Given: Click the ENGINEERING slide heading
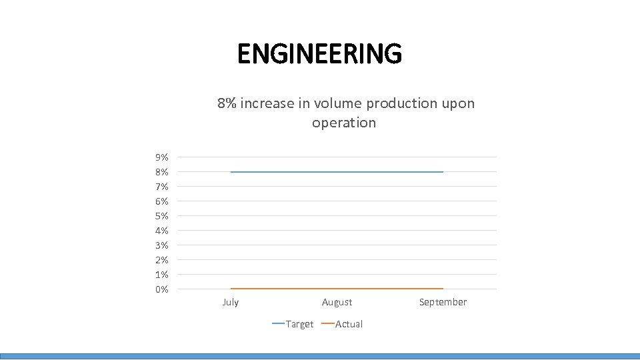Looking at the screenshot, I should pyautogui.click(x=319, y=53).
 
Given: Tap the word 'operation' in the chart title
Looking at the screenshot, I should pyautogui.click(x=344, y=123).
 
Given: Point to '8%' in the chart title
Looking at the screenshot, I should pyautogui.click(x=227, y=103).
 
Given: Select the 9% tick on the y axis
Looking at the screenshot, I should pyautogui.click(x=161, y=157).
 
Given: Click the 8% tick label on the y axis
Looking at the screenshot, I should pyautogui.click(x=161, y=172).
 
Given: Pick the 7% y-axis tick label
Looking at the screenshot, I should pyautogui.click(x=161, y=187).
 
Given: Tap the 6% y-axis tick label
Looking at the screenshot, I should pyautogui.click(x=161, y=201).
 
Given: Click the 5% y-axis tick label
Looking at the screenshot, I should pyautogui.click(x=161, y=216).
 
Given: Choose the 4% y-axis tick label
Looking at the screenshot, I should pyautogui.click(x=161, y=231).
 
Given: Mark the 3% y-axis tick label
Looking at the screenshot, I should pyautogui.click(x=161, y=245).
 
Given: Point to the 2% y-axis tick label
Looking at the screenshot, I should pyautogui.click(x=161, y=260).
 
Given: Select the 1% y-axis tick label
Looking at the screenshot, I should pyautogui.click(x=161, y=275).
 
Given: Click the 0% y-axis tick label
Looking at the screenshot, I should pyautogui.click(x=161, y=289).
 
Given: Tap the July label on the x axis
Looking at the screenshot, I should pyautogui.click(x=230, y=302).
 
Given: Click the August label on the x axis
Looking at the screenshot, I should pyautogui.click(x=337, y=302).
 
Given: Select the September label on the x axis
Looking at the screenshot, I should pyautogui.click(x=443, y=302).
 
